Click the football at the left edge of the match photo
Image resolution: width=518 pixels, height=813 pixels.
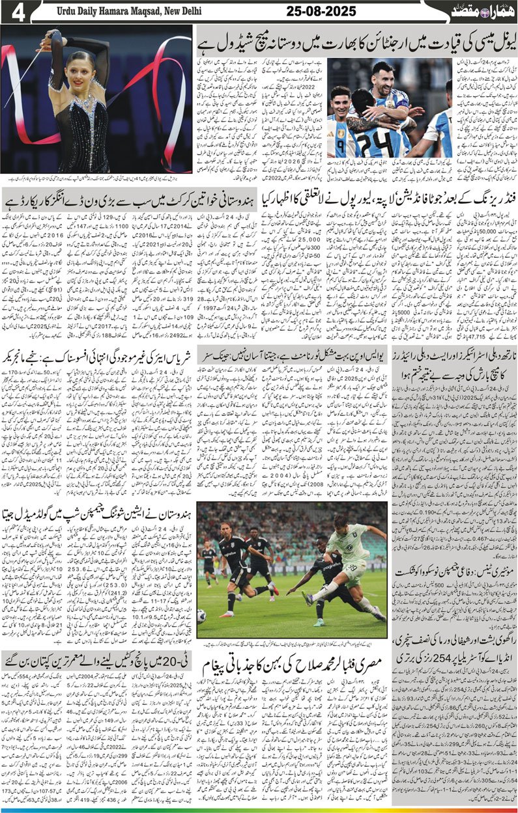click(201, 614)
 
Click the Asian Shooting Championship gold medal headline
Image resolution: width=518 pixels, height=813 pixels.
click(98, 514)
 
